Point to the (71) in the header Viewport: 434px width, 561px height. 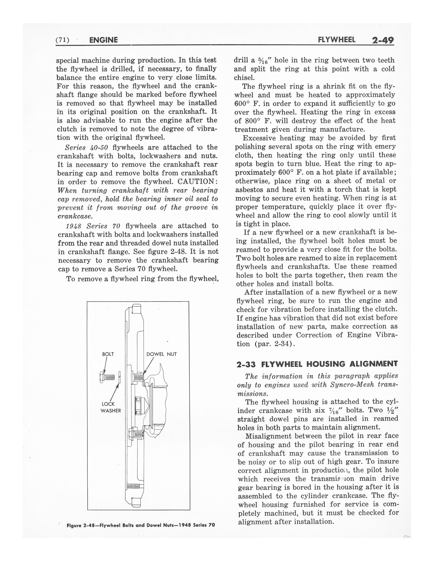click(x=62, y=40)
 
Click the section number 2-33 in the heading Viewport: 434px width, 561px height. click(x=247, y=364)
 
